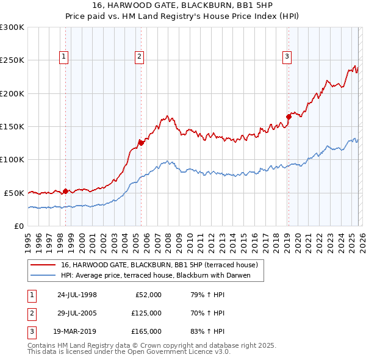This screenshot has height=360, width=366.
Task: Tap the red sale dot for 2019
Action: [x=289, y=117]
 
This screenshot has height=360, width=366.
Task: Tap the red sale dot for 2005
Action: [x=141, y=143]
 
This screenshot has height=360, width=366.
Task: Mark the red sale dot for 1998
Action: [x=65, y=191]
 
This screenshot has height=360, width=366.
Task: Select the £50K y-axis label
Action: [x=14, y=193]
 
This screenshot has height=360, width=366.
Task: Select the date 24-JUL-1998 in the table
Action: [x=77, y=295]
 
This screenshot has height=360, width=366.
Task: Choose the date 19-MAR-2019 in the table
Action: [x=77, y=331]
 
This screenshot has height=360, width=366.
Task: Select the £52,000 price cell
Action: [x=147, y=295]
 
